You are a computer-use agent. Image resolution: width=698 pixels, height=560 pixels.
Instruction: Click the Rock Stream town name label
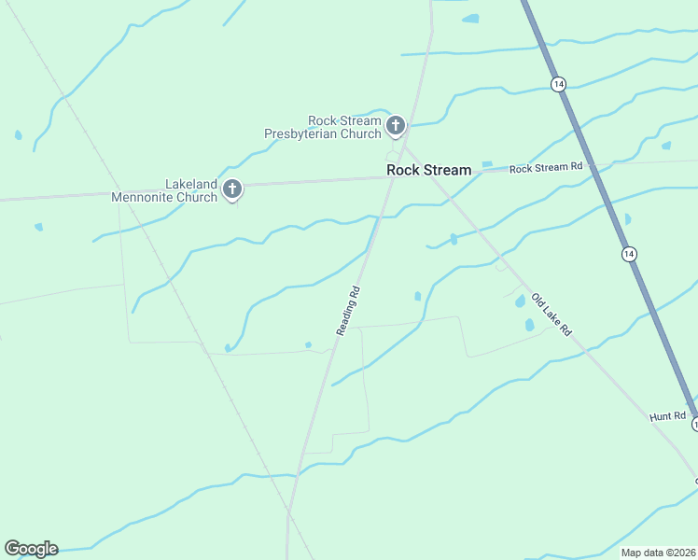[x=428, y=170]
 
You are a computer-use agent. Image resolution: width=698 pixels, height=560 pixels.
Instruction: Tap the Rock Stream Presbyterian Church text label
[x=322, y=128]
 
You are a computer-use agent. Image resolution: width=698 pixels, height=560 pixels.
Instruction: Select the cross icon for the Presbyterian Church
[x=396, y=125]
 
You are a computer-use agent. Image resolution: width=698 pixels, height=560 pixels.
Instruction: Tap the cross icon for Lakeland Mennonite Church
[x=232, y=189]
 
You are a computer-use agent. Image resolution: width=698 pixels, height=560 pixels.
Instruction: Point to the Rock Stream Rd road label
[x=546, y=168]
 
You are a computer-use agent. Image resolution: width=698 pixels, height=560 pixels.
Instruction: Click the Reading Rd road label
[x=347, y=311]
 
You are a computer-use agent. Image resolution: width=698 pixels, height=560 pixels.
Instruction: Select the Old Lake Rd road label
[x=551, y=315]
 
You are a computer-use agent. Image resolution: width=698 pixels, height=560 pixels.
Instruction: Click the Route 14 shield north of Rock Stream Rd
[x=558, y=84]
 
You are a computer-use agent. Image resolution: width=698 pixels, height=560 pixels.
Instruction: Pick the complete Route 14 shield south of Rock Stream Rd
[x=629, y=254]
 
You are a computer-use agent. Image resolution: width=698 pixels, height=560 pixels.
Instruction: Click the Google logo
[x=31, y=549]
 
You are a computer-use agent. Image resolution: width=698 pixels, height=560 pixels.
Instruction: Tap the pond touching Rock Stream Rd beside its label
[x=486, y=165]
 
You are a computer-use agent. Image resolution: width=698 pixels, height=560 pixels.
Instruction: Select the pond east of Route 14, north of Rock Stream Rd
[x=665, y=146]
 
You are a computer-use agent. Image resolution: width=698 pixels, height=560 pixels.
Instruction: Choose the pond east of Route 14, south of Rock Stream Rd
[x=627, y=219]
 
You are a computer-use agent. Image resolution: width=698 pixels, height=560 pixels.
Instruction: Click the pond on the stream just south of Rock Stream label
[x=454, y=239]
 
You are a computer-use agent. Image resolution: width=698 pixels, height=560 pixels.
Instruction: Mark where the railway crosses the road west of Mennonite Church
[x=118, y=194]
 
